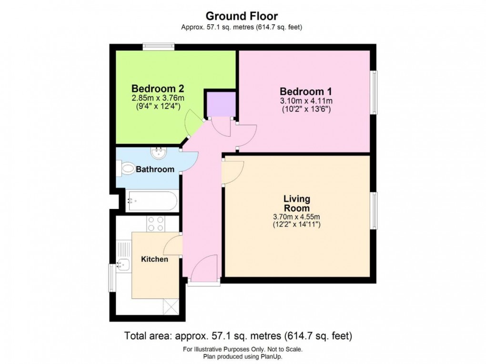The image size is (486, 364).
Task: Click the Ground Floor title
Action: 242,17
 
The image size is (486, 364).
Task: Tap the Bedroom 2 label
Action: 158,89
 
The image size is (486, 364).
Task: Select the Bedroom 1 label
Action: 305,91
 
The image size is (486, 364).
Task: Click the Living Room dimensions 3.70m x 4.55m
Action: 296,217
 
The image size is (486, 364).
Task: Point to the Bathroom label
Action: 155,169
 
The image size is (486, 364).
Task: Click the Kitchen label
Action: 154,259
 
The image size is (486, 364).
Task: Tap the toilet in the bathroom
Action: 126,168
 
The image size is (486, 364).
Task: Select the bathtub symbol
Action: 152,201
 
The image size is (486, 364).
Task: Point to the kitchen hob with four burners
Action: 155,224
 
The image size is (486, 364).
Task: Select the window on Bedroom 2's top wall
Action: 158,47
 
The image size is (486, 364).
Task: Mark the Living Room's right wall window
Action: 375,211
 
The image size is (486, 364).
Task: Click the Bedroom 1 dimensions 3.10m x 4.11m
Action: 305,101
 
